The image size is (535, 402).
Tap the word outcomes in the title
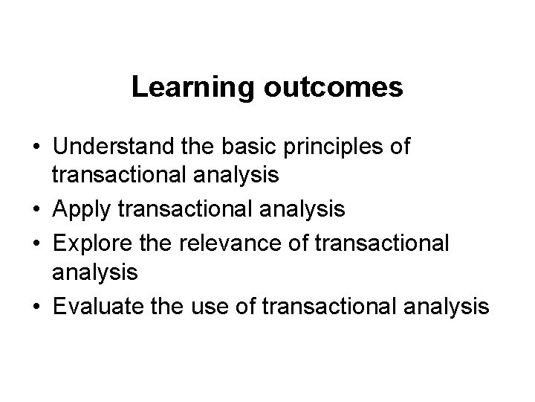[x=332, y=87]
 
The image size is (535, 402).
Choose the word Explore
[x=87, y=242]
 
